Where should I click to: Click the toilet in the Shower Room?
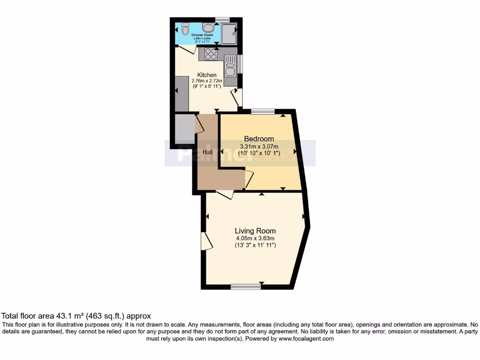185,29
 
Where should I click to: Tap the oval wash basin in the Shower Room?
208,28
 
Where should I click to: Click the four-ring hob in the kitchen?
210,54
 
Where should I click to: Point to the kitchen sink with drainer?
230,68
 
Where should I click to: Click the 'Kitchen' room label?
207,75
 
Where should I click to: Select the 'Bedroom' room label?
259,139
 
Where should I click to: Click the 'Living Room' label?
255,231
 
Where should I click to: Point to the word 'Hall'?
208,152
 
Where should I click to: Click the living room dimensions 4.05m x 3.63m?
255,238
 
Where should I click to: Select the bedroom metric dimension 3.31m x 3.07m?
259,146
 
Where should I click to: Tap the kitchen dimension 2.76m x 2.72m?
207,81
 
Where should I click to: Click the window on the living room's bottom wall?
246,286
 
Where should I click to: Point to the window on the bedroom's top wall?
262,112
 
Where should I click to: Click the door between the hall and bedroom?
249,180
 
